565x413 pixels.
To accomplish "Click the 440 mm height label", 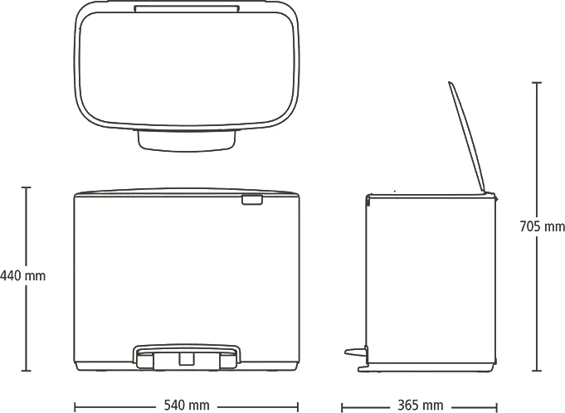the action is [22, 276].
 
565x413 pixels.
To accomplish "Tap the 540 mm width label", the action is [187, 405].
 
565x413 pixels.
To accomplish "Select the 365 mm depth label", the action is [420, 406].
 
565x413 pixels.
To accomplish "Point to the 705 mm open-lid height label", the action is [543, 226].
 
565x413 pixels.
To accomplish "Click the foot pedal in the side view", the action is [357, 351].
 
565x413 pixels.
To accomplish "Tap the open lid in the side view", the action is [466, 137].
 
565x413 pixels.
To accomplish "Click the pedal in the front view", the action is [187, 357].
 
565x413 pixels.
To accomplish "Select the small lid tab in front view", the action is [252, 200].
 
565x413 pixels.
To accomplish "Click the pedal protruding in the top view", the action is [187, 140].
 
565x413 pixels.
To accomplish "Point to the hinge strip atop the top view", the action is [187, 8].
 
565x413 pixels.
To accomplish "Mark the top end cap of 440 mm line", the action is [26, 187].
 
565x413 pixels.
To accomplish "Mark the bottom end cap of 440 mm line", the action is [26, 371].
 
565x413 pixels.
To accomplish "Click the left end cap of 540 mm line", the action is [75, 407].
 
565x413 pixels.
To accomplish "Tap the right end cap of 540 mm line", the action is [298, 407].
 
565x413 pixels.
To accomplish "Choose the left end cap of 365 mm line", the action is [342, 407].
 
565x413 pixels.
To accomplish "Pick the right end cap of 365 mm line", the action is [497, 407].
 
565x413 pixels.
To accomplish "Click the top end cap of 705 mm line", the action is [537, 83].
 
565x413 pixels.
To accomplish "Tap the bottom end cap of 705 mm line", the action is [537, 371].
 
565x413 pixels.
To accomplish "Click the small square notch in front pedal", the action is [187, 358].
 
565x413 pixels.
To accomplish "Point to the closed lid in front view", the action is [187, 192].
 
